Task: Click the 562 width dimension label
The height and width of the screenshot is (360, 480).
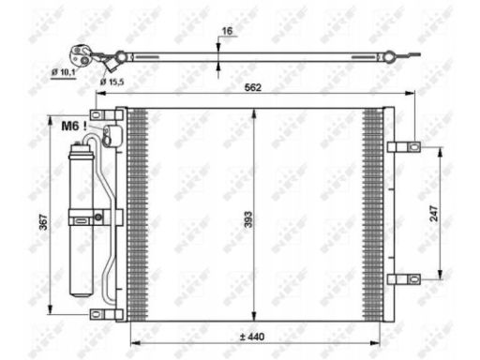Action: click(x=252, y=87)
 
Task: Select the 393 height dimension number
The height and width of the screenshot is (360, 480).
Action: click(x=248, y=219)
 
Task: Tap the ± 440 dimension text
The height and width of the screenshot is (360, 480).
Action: click(x=252, y=337)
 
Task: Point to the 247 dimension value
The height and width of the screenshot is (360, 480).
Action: click(x=434, y=214)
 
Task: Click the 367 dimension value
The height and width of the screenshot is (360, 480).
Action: click(x=43, y=222)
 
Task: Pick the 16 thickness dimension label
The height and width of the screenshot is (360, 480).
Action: click(x=227, y=31)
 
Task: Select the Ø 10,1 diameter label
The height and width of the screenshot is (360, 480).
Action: click(x=64, y=72)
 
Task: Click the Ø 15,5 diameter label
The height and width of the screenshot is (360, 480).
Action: click(x=112, y=82)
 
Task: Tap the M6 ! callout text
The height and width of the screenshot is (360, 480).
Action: click(x=74, y=126)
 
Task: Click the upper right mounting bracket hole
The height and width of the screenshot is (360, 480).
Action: click(x=414, y=146)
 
